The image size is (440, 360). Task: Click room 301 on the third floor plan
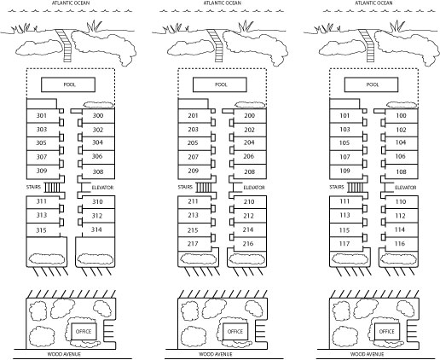42,115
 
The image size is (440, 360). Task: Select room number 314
96,229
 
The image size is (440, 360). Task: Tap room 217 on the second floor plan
193,244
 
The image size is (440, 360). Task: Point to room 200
249,115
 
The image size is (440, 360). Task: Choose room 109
344,171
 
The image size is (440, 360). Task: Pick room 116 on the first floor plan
400,243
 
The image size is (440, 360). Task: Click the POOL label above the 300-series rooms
69,84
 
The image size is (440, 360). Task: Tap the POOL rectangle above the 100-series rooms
371,84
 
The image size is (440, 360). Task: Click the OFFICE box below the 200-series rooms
235,331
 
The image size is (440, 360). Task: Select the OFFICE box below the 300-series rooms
84,331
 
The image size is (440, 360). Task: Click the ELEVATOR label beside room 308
102,188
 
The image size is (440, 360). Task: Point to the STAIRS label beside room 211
185,187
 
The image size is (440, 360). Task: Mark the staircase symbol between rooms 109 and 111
356,188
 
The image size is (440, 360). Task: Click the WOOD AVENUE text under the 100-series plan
367,354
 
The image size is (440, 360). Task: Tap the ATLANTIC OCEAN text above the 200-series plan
223,3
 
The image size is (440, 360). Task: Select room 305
41,142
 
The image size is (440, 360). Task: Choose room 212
248,216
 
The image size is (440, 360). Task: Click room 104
401,142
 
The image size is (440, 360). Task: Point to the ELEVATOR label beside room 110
406,188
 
